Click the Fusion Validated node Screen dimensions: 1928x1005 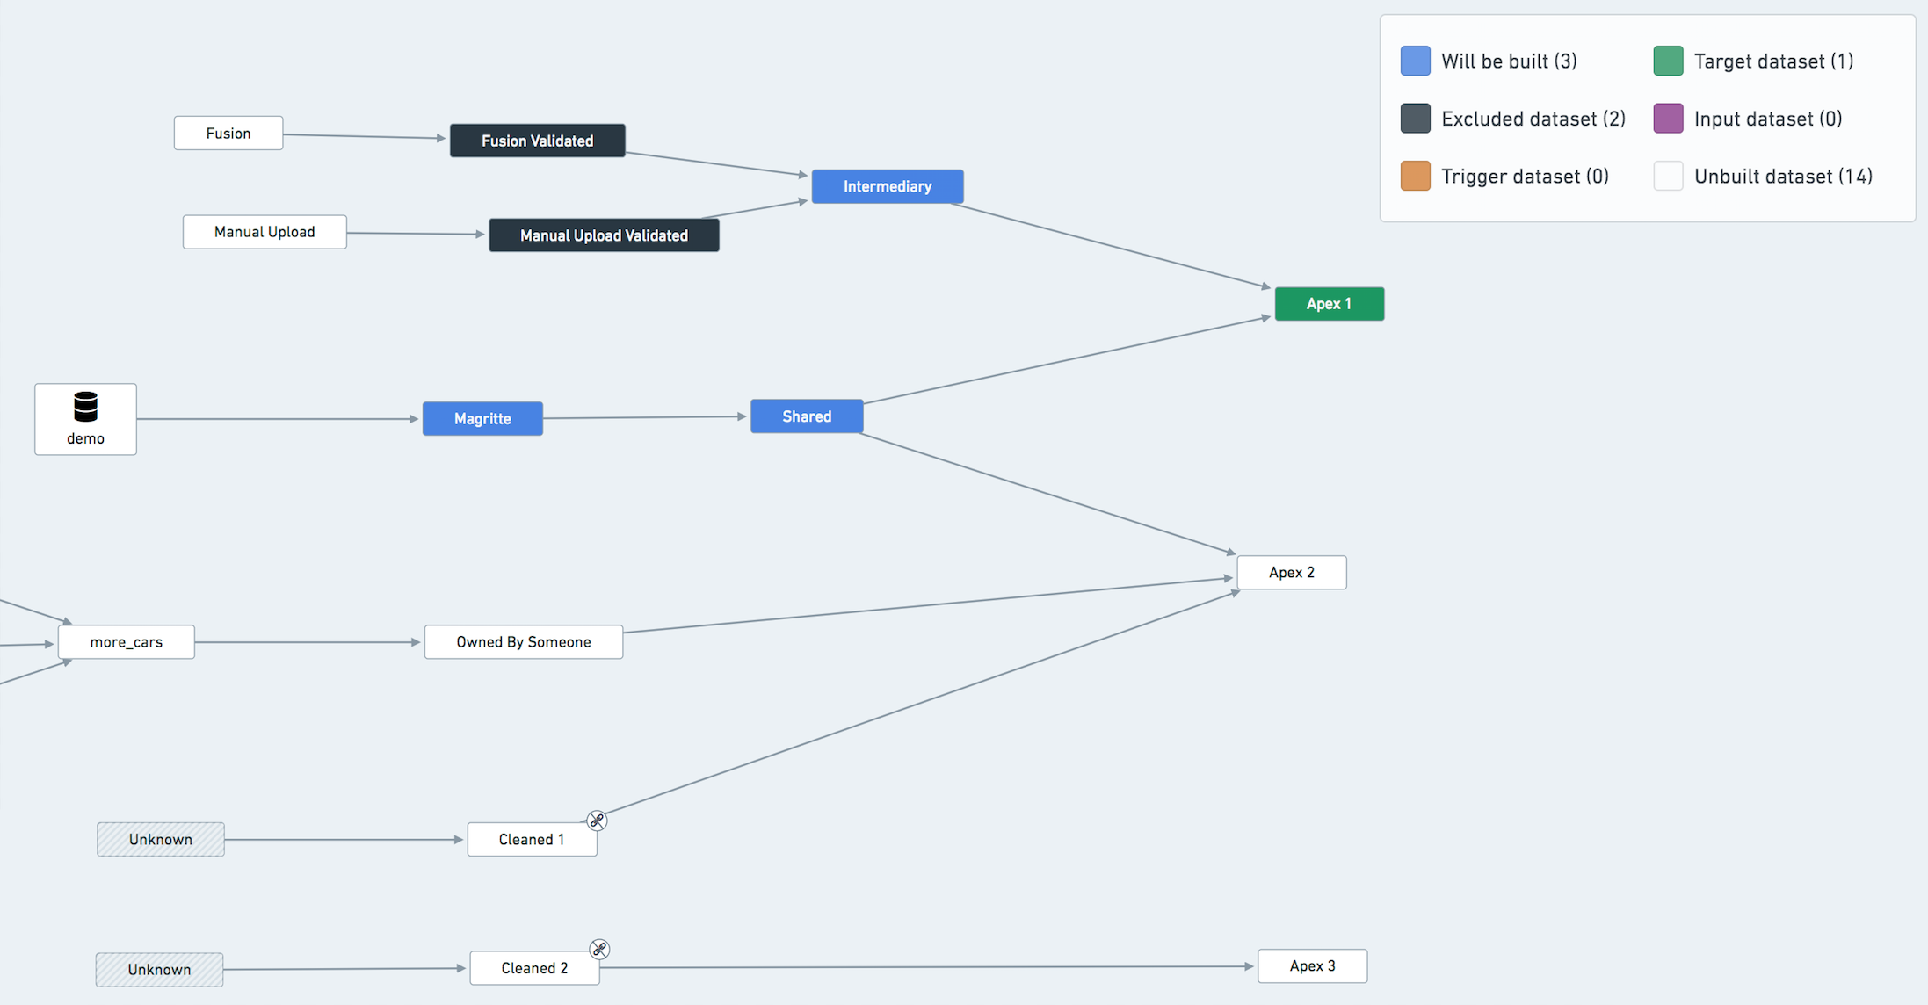537,141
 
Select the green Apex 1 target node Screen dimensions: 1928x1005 1329,304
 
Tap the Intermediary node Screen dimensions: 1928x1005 888,186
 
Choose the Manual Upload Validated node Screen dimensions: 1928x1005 604,235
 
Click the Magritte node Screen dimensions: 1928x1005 482,419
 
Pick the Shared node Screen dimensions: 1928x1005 807,416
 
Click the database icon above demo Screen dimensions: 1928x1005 85,407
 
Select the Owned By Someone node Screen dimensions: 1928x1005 524,642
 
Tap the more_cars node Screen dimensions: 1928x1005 127,642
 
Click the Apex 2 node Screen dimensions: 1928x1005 1292,573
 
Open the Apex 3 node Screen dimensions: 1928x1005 1312,966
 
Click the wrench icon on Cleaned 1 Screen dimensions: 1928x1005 597,821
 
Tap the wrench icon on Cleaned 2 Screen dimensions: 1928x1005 599,949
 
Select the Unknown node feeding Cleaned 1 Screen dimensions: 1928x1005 161,840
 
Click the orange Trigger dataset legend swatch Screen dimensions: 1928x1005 1415,176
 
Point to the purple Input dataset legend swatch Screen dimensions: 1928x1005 1668,118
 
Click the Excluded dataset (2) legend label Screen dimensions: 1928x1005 1533,119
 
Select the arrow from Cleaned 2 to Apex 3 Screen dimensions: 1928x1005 927,967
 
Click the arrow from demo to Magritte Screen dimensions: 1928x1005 278,419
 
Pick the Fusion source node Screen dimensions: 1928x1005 228,134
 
